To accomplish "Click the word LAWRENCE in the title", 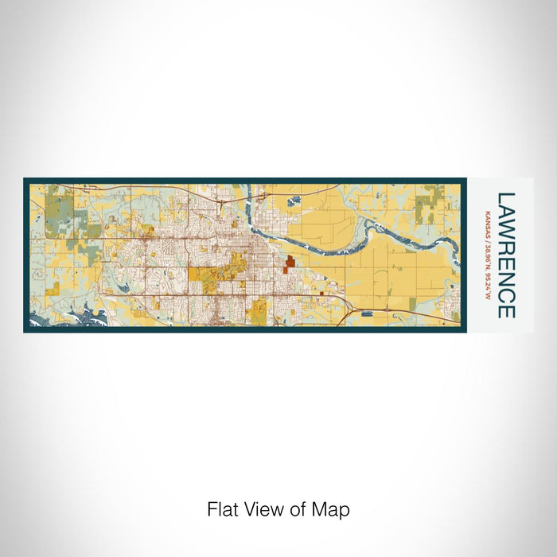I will [505, 255].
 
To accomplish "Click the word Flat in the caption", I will [221, 508].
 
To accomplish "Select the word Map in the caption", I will [334, 508].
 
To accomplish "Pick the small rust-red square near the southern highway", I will [321, 294].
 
